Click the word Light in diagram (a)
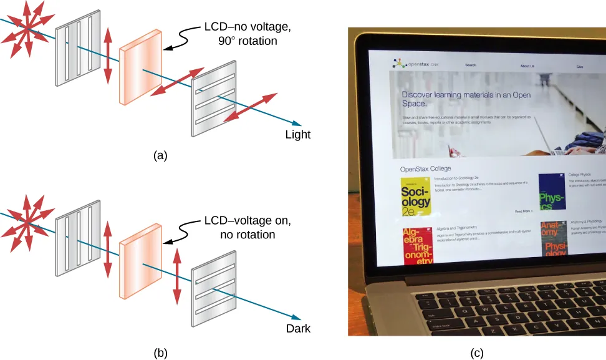pyautogui.click(x=297, y=135)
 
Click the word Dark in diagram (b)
pyautogui.click(x=297, y=328)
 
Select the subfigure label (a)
pyautogui.click(x=160, y=156)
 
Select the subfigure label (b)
pyautogui.click(x=160, y=353)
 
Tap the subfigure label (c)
pyautogui.click(x=476, y=353)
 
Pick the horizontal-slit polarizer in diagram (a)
pyautogui.click(x=214, y=99)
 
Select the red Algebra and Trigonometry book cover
pyautogui.click(x=418, y=246)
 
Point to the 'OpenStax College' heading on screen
pyautogui.click(x=425, y=168)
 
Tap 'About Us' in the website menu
pyautogui.click(x=527, y=66)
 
